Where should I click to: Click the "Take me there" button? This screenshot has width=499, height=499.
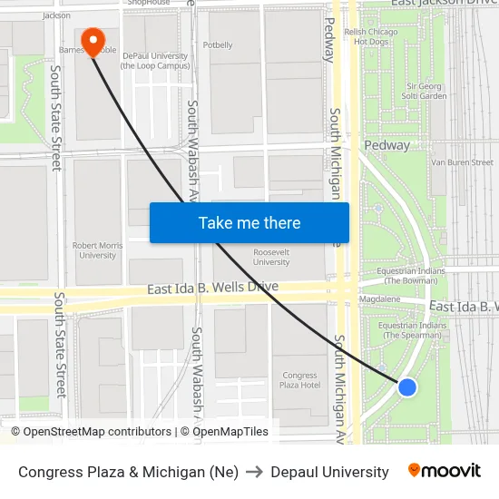point(249,222)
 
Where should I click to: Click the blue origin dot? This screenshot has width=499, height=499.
point(407,387)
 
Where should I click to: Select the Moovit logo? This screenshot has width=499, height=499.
point(444,471)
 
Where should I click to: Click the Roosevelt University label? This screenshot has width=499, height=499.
point(271,258)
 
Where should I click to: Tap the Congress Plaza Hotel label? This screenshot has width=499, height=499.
point(299,380)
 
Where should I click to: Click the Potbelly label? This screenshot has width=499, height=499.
point(218,44)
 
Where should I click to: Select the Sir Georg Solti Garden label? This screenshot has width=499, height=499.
point(424,91)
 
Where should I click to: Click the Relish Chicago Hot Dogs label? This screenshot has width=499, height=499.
point(371,36)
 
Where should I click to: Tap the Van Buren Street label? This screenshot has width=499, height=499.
point(462,162)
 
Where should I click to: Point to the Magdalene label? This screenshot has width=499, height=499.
point(379,298)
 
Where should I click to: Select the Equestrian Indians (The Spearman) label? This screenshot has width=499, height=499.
point(412,330)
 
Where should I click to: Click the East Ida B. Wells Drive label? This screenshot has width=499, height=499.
point(212,288)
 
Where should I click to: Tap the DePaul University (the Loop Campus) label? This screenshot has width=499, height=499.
point(153,60)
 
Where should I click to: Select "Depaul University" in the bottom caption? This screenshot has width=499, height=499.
point(329,472)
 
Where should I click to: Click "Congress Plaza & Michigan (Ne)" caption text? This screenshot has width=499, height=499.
point(128,472)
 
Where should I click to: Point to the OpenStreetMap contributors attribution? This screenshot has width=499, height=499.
point(91,432)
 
